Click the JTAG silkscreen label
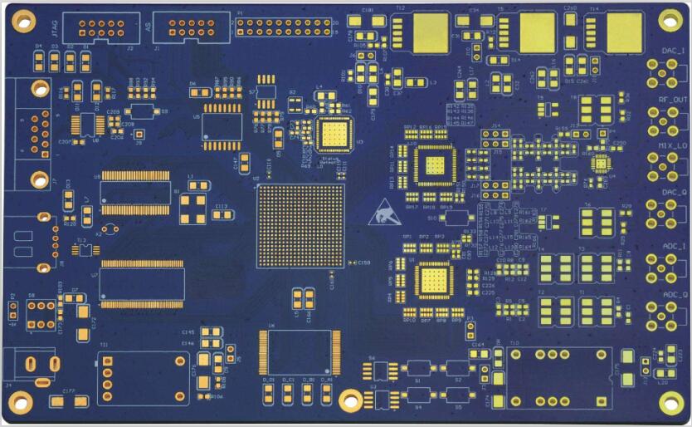tap(54, 27)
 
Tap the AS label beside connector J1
tap(149, 27)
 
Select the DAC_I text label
tap(673, 52)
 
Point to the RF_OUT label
tap(673, 100)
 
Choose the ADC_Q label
tap(673, 294)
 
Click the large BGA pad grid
tap(300, 226)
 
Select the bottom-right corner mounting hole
tap(669, 400)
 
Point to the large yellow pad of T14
tap(625, 32)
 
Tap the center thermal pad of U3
tap(335, 134)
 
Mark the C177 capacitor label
tap(69, 390)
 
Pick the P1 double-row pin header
tap(283, 27)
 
